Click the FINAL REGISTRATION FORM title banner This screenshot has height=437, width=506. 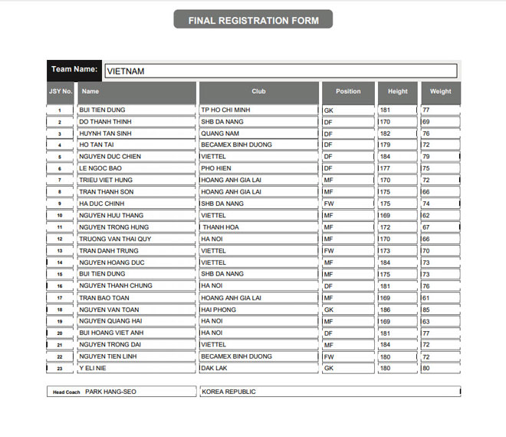253,20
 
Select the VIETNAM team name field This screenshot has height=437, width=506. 281,71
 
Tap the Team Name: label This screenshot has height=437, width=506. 74,70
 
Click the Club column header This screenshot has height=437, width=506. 258,91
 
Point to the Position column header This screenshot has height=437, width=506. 348,91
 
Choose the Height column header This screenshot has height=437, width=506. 398,91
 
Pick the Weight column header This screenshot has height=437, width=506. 440,91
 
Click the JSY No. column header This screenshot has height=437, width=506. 61,91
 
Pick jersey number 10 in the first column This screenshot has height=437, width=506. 61,216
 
